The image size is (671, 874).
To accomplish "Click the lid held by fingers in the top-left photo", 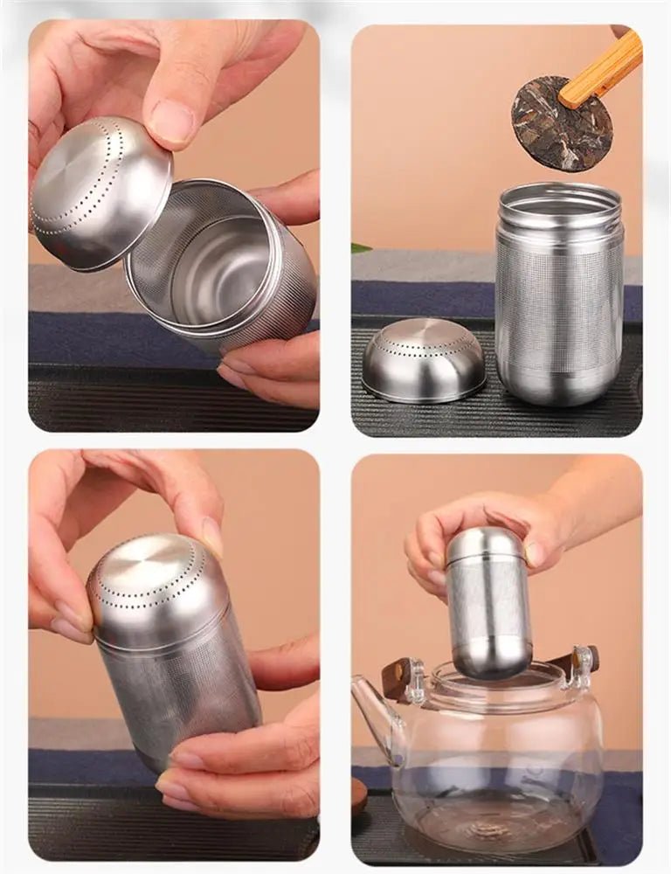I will [100, 192].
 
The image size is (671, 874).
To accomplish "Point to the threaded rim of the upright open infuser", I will [559, 200].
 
